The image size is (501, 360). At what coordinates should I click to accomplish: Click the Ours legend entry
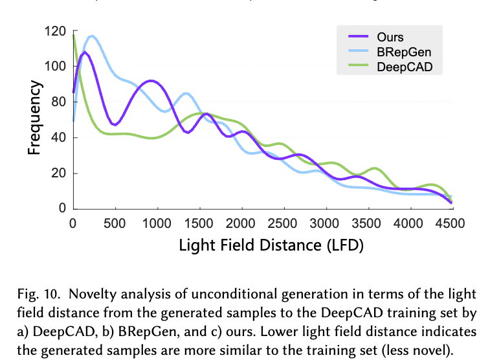390,37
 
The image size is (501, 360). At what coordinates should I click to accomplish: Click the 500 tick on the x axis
115,223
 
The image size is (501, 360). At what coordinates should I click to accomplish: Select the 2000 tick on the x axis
241,223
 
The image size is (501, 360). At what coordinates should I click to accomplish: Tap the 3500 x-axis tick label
368,223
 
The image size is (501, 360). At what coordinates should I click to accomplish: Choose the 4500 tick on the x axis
451,223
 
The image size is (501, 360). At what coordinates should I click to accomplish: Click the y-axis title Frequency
35,118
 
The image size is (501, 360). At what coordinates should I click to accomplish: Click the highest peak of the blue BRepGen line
93,36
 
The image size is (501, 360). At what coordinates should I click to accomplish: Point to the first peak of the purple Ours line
85,52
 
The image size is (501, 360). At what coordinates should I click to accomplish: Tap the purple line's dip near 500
115,124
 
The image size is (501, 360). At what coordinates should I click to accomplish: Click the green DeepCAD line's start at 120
74,34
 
